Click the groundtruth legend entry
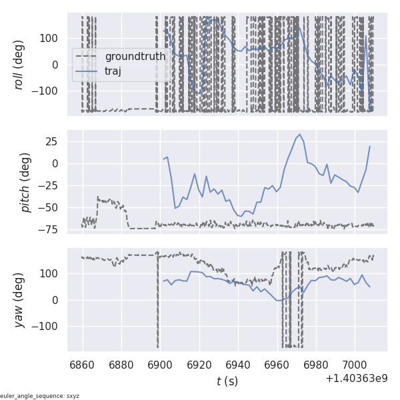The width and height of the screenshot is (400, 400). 135,57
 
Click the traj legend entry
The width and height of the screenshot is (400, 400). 113,71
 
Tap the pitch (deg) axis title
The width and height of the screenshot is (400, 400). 26,182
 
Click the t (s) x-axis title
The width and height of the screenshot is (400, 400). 227,381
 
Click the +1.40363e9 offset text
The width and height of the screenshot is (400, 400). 357,379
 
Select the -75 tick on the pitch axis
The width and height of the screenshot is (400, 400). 52,229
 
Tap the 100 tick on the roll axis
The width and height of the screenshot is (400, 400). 51,38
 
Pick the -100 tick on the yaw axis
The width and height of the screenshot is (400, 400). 48,327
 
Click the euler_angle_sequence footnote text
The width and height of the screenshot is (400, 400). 40,396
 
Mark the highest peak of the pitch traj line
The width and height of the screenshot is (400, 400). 300,135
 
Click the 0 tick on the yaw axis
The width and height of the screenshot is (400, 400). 57,300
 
